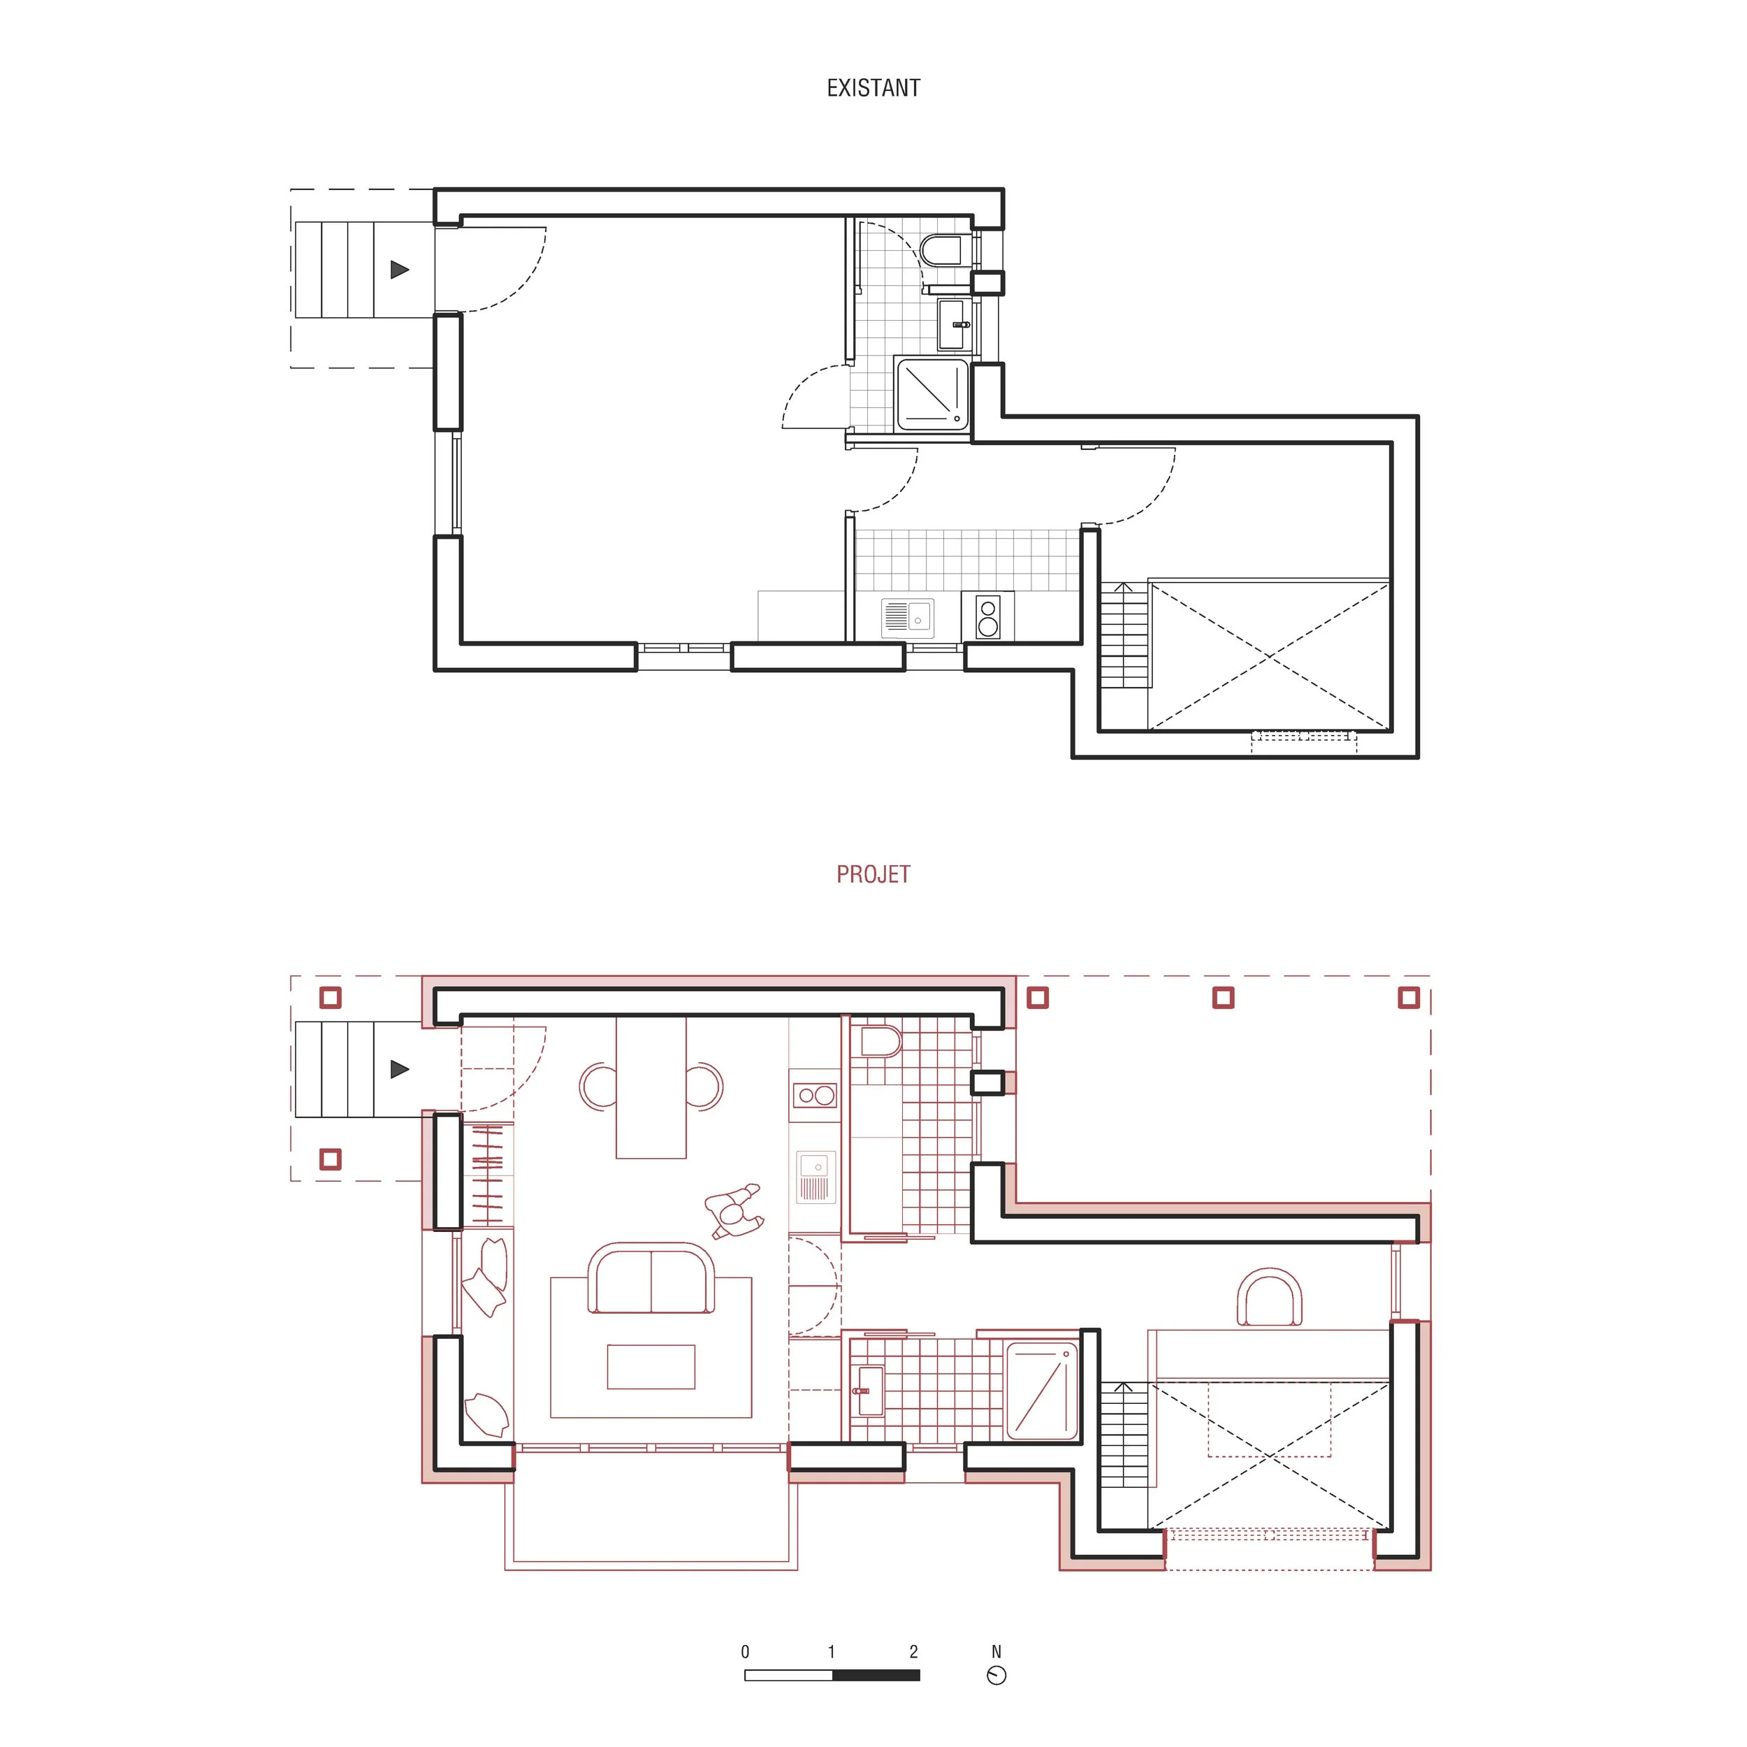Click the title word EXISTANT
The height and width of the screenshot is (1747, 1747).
873,88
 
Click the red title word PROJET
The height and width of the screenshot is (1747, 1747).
873,874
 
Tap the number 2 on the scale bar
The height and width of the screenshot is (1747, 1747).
913,1651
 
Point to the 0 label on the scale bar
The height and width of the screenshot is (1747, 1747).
745,1651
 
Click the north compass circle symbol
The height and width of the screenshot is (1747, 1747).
996,1676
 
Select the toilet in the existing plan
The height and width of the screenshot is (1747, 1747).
942,250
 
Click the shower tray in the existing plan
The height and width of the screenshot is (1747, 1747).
932,393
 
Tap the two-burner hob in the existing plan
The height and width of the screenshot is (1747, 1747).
987,616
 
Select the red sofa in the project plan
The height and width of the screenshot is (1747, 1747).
651,1279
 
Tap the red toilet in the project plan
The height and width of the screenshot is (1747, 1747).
880,1041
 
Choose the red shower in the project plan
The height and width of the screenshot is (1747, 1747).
1042,1391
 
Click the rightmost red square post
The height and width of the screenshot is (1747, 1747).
1409,997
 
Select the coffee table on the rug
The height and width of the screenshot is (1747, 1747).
651,1366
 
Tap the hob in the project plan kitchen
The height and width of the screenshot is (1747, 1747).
815,1096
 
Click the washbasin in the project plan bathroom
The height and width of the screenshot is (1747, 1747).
869,1391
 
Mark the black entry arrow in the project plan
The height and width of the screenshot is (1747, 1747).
400,1069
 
